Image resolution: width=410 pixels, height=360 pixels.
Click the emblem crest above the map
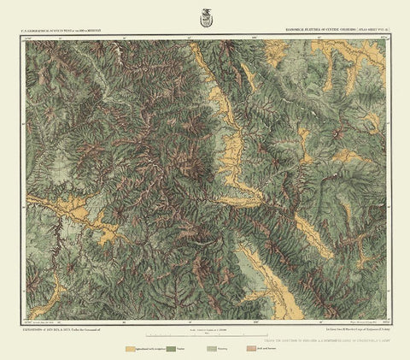point(204,15)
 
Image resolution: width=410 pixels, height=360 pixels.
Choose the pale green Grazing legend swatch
point(212,350)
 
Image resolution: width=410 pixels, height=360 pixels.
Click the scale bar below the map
point(204,333)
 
